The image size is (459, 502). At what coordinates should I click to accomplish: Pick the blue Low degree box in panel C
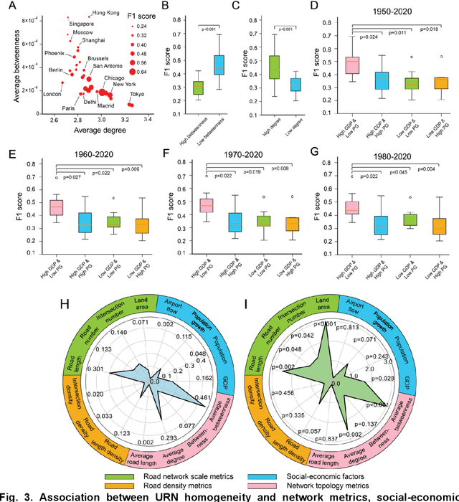click(295, 85)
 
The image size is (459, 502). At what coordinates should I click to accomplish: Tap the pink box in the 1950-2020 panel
click(352, 65)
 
